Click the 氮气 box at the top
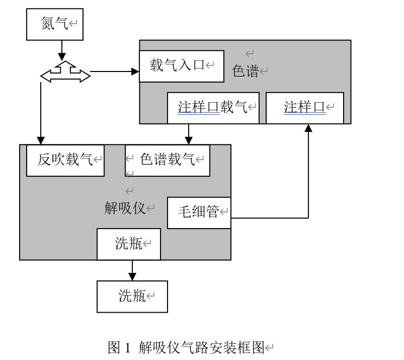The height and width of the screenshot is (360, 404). click(54, 24)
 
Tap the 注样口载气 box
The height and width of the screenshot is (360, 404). click(213, 107)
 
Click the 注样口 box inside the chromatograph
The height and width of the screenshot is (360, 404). click(305, 107)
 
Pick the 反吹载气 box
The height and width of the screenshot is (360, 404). click(65, 160)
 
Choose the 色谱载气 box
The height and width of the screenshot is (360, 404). click(168, 160)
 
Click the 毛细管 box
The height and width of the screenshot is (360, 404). click(199, 212)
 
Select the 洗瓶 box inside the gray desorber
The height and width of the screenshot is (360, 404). click(129, 244)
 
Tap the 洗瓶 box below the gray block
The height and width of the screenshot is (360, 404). click(132, 296)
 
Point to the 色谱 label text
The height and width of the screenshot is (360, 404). click(245, 71)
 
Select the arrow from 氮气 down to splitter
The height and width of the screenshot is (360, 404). click(61, 50)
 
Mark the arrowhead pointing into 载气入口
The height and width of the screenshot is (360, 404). click(135, 71)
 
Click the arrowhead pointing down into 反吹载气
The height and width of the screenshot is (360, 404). click(41, 140)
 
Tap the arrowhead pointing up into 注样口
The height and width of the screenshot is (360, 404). click(308, 129)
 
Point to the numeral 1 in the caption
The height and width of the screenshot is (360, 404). click(127, 347)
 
